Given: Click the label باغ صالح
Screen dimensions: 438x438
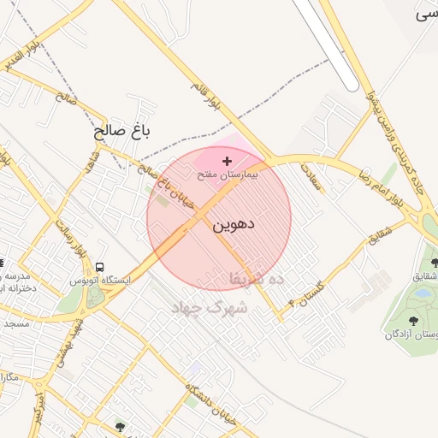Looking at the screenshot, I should [x=121, y=131].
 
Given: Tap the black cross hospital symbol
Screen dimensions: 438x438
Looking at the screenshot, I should [x=227, y=161].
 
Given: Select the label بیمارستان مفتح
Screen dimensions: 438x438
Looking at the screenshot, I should [x=227, y=174].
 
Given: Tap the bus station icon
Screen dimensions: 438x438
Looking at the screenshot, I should [x=101, y=267].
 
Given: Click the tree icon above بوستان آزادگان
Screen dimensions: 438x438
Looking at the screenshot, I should [x=413, y=321].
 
